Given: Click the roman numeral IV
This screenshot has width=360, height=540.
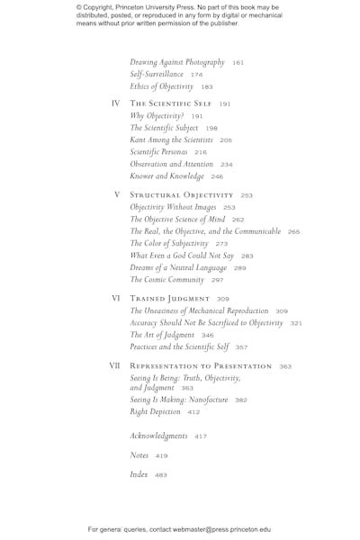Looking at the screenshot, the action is coord(115,103).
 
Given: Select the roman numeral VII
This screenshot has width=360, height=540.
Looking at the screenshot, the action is coord(114,366).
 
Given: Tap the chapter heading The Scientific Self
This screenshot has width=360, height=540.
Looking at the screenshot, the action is coord(171,103).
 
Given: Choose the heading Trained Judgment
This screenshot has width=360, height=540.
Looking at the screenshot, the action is coord(169,299).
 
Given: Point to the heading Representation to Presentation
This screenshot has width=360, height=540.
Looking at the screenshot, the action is coord(201,366).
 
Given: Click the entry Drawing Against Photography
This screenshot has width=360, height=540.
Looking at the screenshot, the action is coord(177,62).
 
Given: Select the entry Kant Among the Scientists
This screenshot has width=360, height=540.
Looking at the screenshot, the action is coord(171,140).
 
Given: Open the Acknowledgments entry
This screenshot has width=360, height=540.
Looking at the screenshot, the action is coord(158,436).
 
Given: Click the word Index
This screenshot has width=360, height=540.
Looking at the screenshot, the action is coord(139,474).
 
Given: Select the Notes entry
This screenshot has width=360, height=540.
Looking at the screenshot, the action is coord(139,455).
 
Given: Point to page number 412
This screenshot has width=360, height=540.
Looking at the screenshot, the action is coord(193,412).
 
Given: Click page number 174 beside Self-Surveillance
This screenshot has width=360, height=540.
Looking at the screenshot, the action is coord(196,75).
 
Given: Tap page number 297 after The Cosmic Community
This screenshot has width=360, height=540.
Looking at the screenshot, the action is coord(217,281).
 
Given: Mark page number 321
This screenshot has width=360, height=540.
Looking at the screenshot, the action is coord(295,323).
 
